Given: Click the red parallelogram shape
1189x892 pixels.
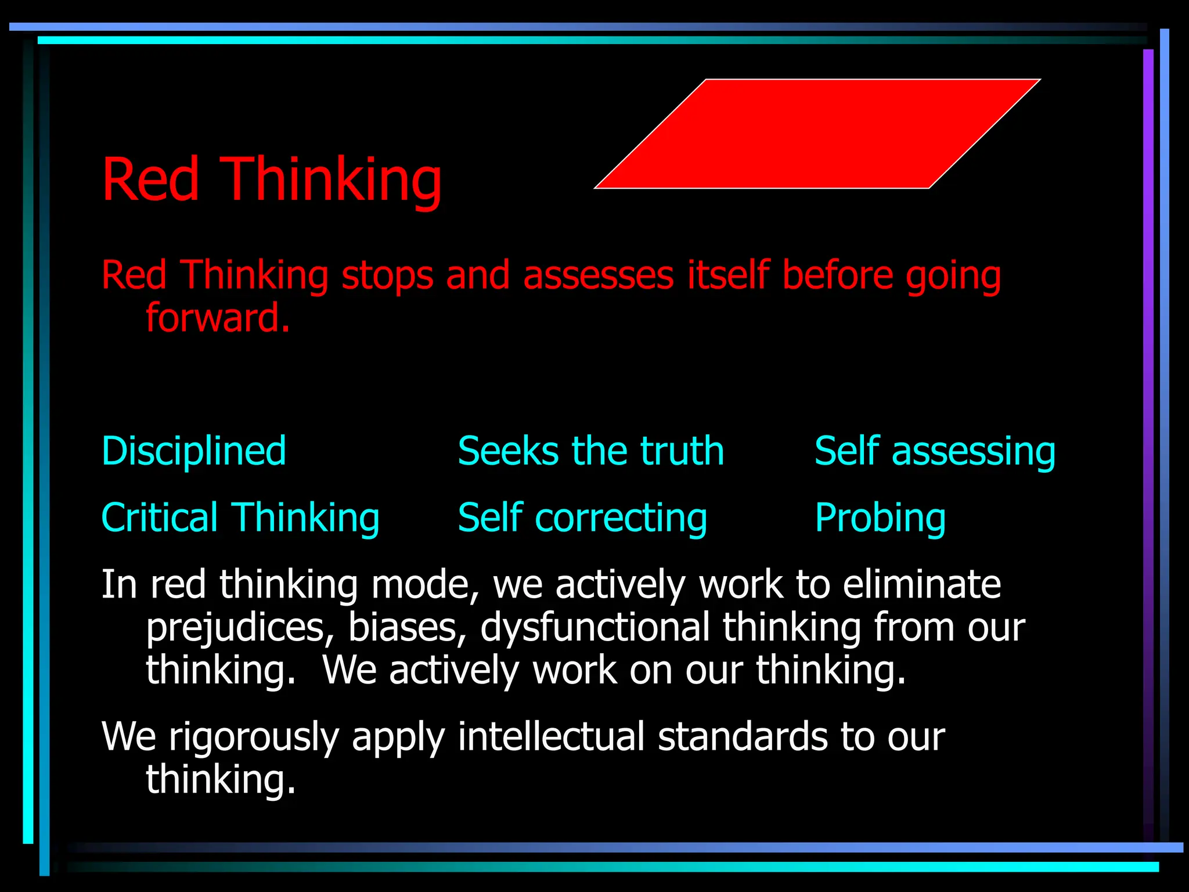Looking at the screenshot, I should pos(817,134).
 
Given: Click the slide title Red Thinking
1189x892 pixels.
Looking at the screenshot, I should pos(272,179).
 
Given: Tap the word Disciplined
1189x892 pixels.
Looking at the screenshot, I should pos(194,451).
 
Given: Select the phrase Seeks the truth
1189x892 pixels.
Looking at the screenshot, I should pos(591,451).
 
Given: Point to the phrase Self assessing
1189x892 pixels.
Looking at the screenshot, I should pos(935,451).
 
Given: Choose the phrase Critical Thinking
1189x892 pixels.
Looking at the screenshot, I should pos(240,517).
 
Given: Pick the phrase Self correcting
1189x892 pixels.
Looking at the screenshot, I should pos(582,517).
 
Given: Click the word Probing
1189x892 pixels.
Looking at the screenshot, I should pos(880,517).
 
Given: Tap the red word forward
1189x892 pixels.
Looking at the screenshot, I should pos(217,318).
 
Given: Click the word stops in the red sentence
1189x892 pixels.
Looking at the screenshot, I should pos(387,275).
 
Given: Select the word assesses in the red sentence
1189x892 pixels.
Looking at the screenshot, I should pos(598,275).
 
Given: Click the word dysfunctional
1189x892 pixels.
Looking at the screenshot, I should pos(594,628).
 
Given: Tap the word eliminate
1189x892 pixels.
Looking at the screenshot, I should pos(922,584).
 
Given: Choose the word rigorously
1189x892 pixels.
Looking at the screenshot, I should pos(253,736).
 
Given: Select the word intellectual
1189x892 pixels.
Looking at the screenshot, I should pos(551,736).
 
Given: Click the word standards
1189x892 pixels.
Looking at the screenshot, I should pos(743,736).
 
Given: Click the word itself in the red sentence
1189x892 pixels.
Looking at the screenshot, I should pos(728,275).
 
